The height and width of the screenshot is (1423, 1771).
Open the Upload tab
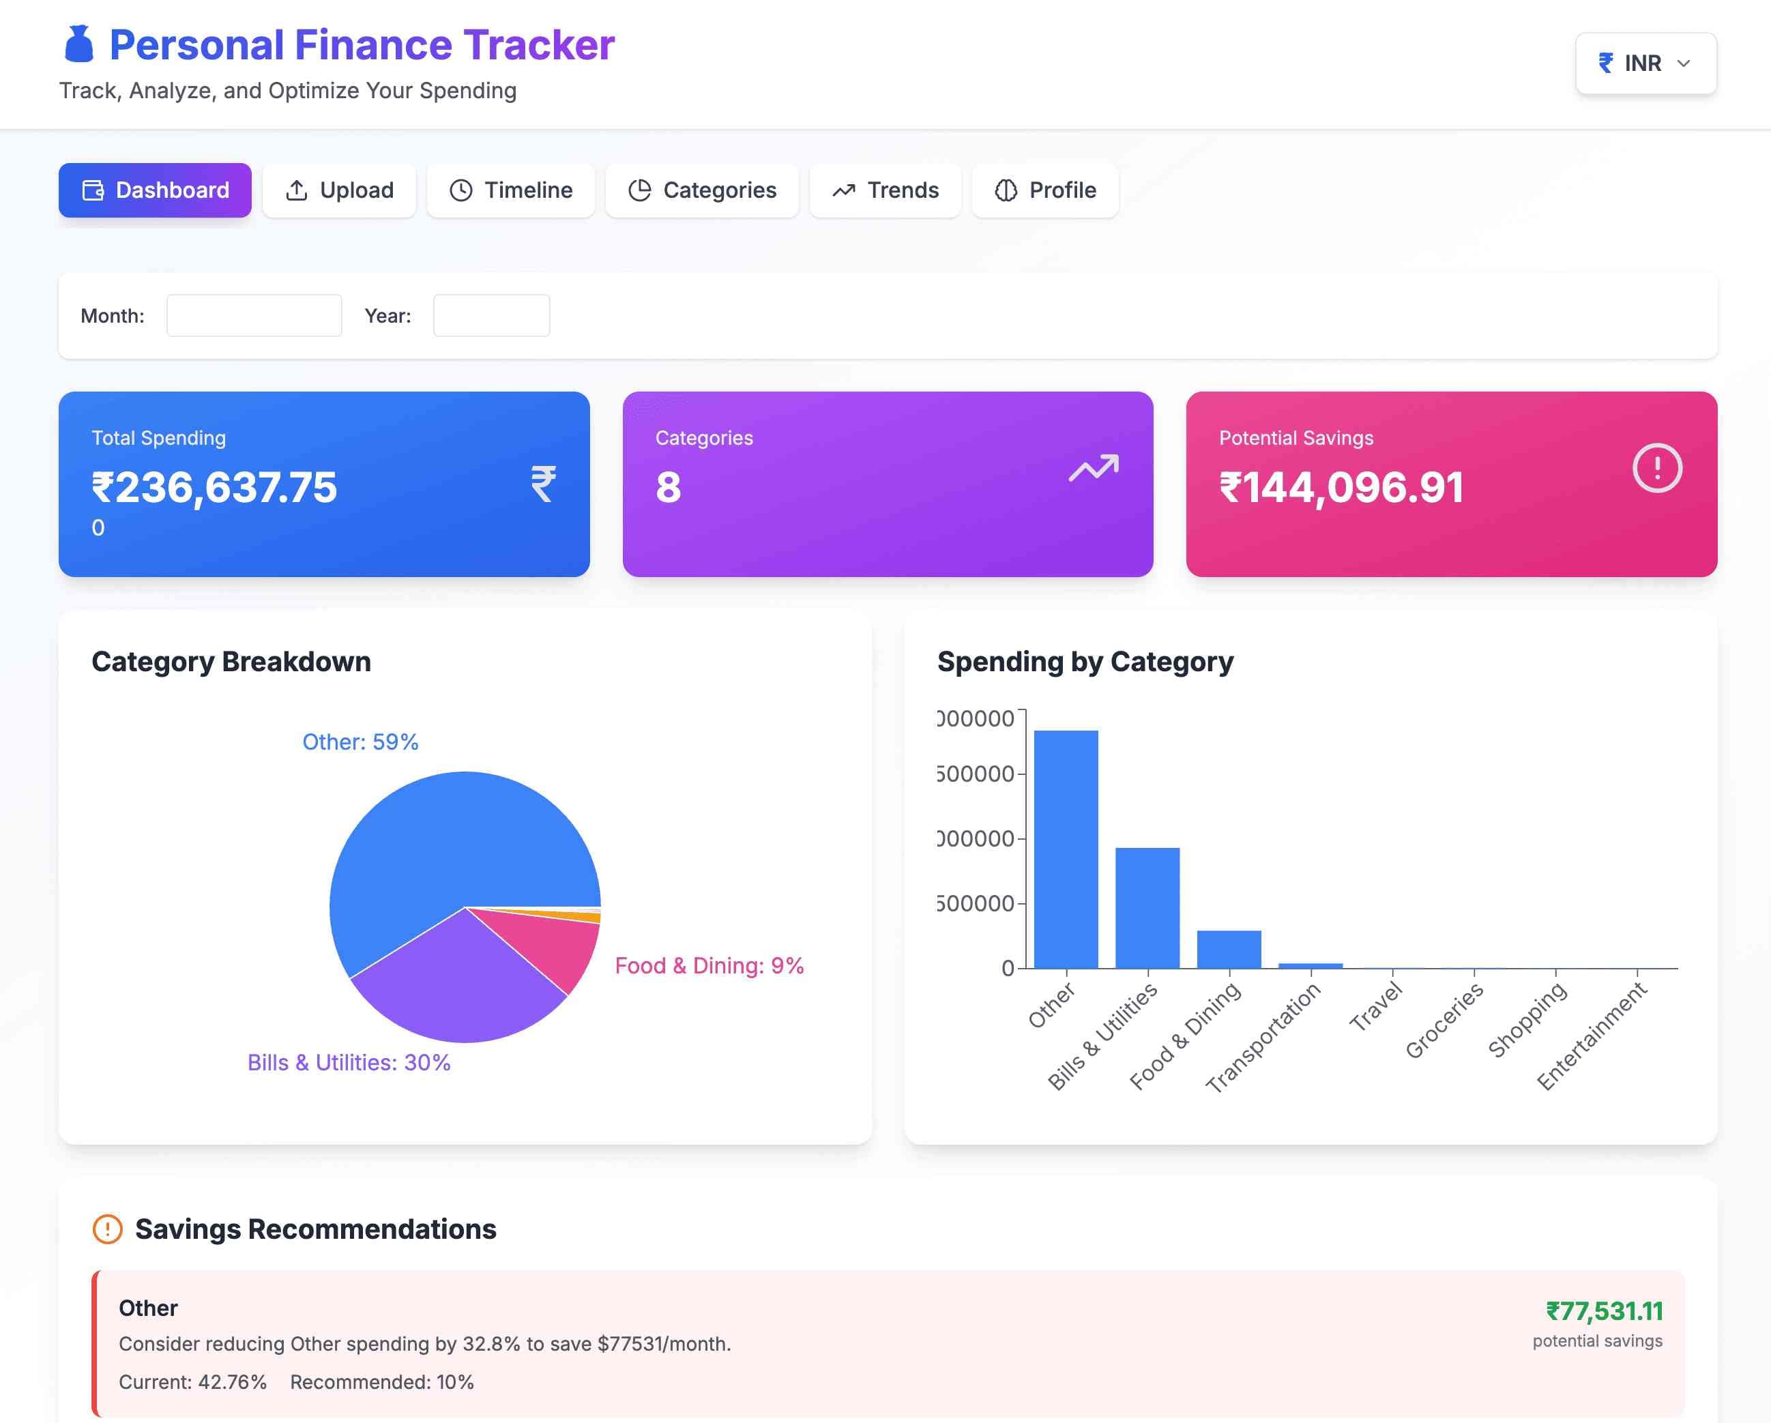coord(339,190)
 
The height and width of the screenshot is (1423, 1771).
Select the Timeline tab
coord(510,190)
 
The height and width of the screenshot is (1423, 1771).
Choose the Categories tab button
coord(701,190)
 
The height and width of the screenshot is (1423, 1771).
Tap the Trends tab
coord(885,190)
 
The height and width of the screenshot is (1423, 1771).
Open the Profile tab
coord(1045,190)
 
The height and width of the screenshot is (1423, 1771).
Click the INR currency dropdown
coord(1645,63)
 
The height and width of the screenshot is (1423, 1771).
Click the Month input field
coord(254,315)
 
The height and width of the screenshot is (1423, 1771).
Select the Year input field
coord(491,315)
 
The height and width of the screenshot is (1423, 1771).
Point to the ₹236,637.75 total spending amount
coord(214,487)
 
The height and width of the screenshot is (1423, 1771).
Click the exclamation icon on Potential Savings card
coord(1657,469)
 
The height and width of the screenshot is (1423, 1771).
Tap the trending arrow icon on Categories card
coord(1094,469)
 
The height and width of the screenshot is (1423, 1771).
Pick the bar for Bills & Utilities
coord(1147,908)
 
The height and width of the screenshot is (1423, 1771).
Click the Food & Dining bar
coord(1228,950)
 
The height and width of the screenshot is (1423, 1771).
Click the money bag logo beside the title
coord(79,44)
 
